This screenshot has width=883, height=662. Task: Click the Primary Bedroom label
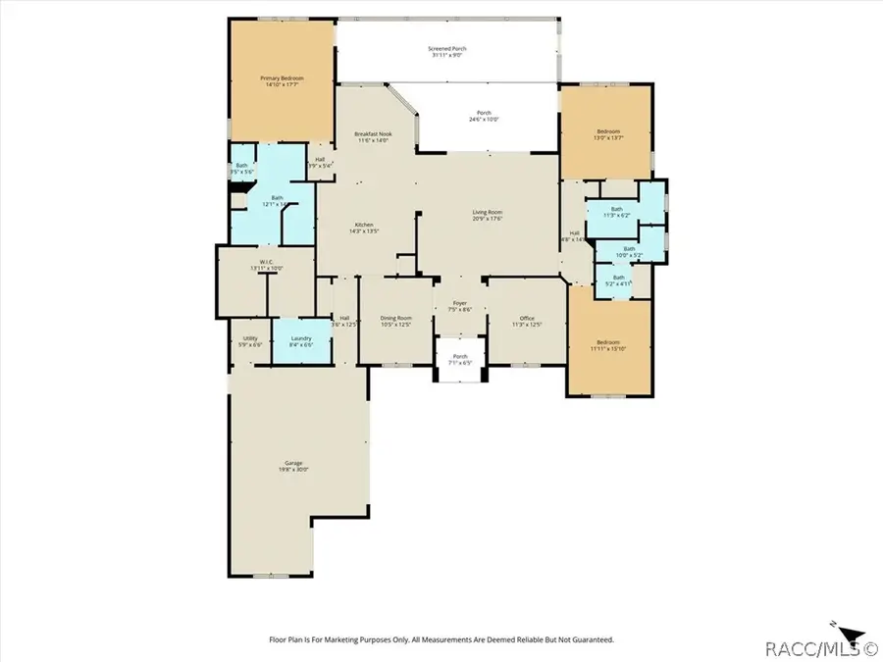click(x=282, y=81)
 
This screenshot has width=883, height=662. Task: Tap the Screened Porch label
click(x=447, y=51)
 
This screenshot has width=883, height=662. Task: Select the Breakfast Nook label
click(x=372, y=137)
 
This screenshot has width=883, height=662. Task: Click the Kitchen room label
click(x=364, y=228)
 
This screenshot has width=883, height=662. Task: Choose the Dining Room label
click(x=395, y=322)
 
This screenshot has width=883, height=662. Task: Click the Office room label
click(x=527, y=322)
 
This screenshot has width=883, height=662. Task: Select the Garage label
click(x=293, y=466)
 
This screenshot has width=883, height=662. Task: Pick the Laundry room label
click(x=300, y=341)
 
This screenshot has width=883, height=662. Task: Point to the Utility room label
click(x=250, y=341)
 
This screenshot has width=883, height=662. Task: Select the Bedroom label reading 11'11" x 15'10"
click(x=609, y=345)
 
